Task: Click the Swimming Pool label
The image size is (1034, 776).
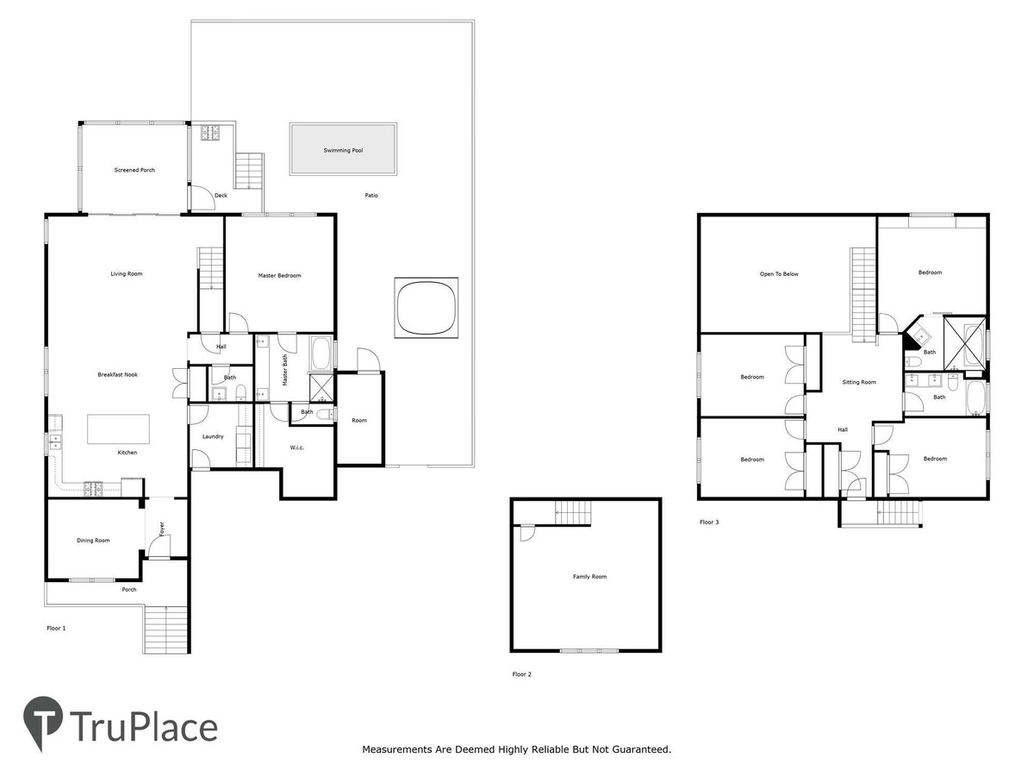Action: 343,150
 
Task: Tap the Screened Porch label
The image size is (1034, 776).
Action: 134,170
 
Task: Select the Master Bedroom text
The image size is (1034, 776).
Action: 279,276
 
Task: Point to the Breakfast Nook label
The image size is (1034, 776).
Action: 118,374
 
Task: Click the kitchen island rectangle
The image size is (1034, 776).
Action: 118,429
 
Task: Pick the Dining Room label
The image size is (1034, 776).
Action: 93,541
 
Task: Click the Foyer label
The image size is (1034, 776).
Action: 162,529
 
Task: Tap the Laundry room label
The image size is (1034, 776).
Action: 213,436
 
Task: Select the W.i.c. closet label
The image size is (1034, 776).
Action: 296,447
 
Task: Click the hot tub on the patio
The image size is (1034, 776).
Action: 426,308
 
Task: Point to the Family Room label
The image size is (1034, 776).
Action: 589,576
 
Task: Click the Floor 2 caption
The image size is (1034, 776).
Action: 521,674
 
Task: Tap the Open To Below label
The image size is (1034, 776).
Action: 779,273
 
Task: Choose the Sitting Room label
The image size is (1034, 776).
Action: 859,382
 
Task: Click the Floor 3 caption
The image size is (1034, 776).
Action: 709,522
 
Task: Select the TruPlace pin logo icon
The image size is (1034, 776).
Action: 43,721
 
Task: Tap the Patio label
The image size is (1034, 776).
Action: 371,195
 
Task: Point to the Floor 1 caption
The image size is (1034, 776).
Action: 56,628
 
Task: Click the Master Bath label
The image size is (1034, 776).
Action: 284,371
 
